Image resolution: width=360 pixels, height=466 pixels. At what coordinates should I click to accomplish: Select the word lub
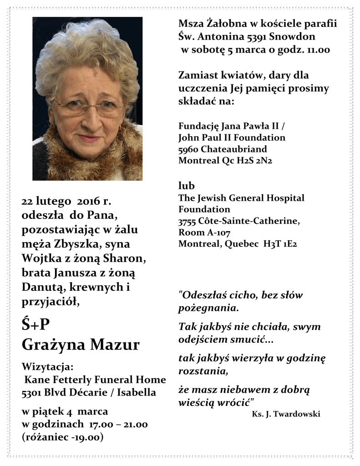tap(187, 186)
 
